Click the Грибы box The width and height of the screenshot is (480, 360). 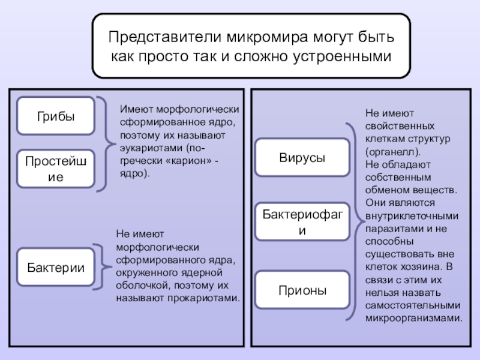pos(56,116)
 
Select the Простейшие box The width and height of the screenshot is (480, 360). pos(56,169)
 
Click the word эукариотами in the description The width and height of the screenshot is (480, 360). pos(148,148)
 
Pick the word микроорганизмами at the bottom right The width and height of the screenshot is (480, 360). pos(414,318)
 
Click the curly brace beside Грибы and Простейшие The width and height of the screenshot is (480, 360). pos(108,144)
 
